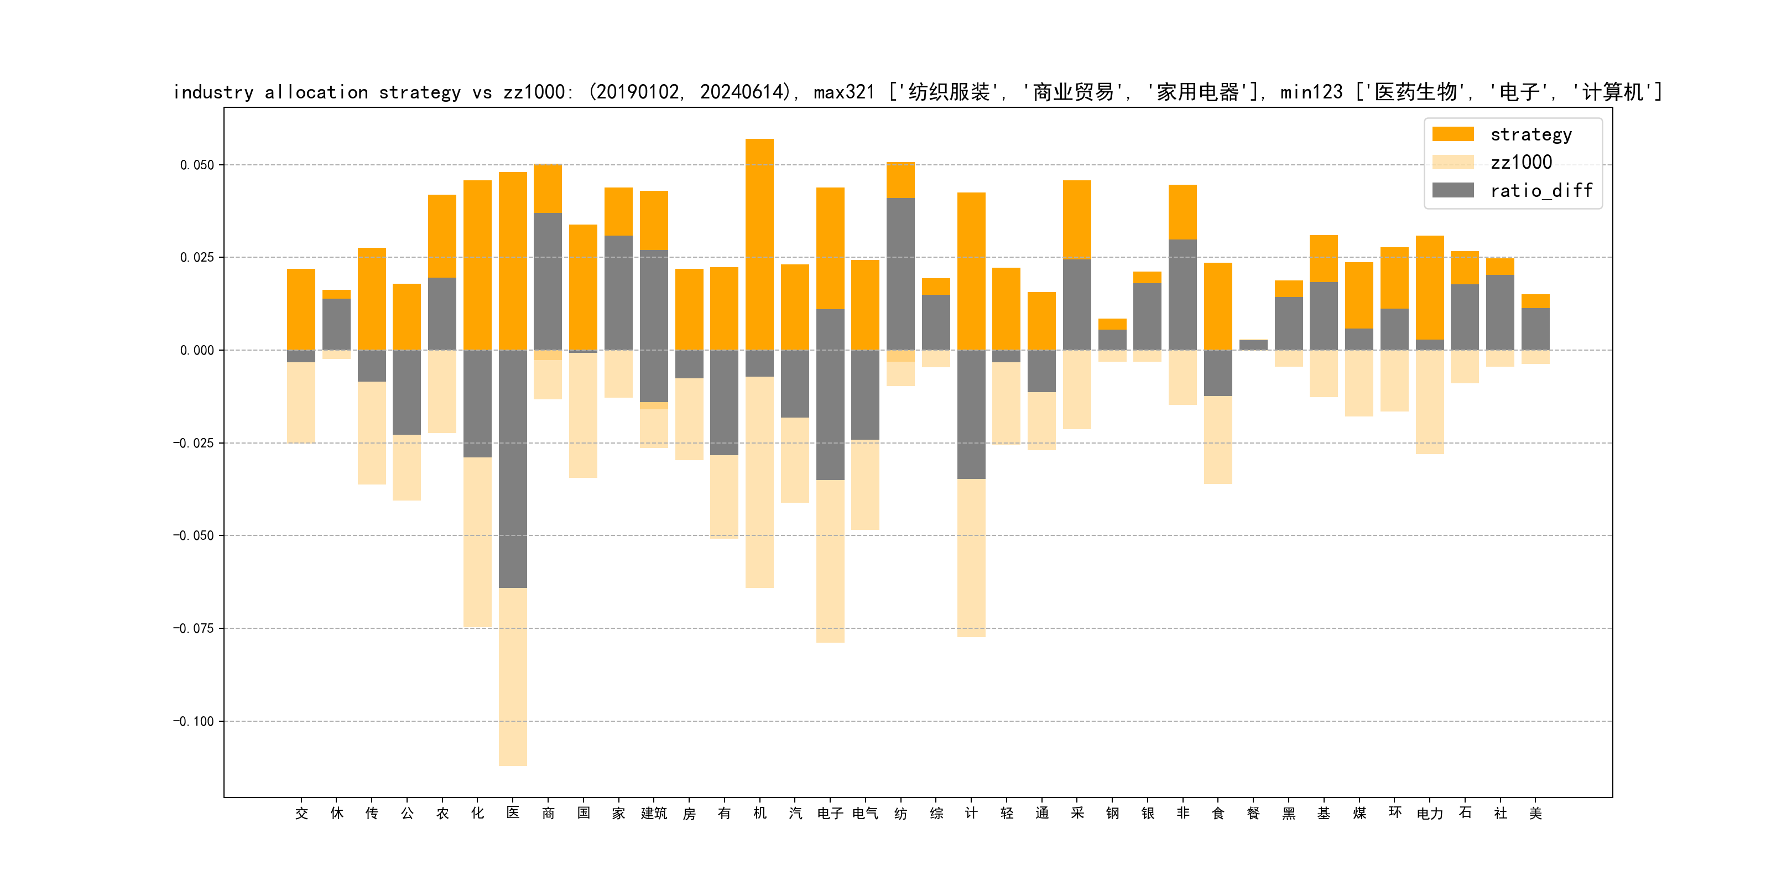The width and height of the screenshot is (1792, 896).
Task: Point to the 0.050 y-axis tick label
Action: tap(197, 165)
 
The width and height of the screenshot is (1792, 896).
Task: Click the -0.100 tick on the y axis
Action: tap(194, 721)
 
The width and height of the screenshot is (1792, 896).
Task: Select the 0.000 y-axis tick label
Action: tap(197, 351)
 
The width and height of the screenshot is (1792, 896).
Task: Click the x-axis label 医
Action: tap(513, 812)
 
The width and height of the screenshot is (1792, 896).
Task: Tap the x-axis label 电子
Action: tap(830, 813)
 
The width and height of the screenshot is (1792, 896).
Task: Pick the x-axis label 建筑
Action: tap(654, 813)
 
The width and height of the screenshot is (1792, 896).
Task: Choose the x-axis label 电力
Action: tap(1430, 813)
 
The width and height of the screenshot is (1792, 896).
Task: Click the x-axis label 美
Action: tap(1535, 813)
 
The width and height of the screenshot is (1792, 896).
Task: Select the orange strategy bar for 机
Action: tap(759, 243)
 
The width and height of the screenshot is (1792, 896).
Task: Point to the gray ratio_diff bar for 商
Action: tap(548, 281)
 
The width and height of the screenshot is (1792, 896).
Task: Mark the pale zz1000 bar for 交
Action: tap(301, 402)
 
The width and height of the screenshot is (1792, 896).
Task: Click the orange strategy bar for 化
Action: tap(477, 264)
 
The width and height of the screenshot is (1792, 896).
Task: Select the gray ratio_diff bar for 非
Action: tap(1182, 294)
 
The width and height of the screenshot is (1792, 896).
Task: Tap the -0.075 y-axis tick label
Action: tap(194, 629)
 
